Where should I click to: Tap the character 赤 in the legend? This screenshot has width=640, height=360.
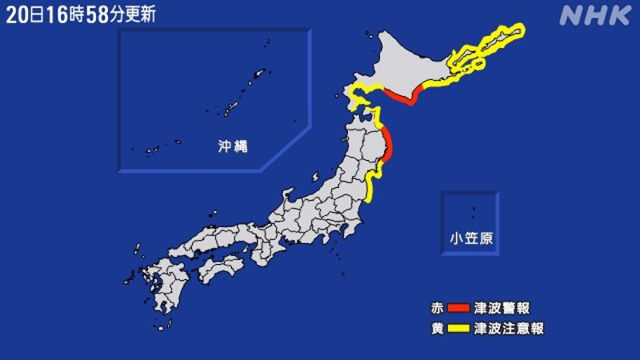[436, 308]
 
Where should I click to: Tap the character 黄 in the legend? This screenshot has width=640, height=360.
[436, 328]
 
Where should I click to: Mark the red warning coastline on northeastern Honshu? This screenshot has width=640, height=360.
[387, 145]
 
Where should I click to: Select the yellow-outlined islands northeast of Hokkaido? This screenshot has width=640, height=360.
[488, 44]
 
